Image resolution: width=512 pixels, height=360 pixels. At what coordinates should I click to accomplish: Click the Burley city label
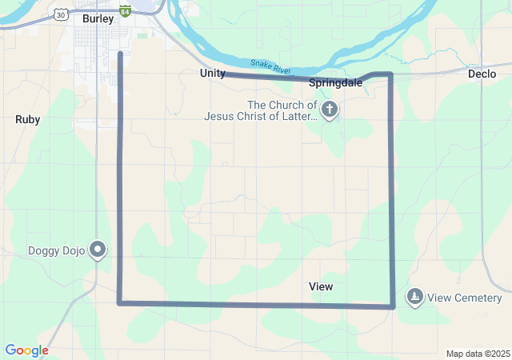pos(98,18)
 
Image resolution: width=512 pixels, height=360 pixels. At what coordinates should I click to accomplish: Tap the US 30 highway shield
pos(62,14)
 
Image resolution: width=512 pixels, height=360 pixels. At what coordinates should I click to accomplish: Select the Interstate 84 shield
pos(125,11)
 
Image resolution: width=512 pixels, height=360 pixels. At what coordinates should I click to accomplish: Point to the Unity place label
pos(212,73)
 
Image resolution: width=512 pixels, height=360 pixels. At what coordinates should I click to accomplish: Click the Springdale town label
pos(335,82)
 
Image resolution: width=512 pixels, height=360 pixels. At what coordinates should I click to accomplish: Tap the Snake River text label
pos(270,67)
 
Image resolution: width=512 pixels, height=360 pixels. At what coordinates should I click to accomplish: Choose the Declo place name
pos(482,73)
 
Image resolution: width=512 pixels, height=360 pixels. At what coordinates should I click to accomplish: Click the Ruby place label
pos(27,119)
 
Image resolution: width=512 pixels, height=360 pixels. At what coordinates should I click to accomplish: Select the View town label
pos(321,286)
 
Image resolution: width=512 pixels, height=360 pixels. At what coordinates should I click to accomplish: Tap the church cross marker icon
pos(330,108)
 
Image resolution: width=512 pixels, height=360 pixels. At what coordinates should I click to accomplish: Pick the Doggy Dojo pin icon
pos(98,250)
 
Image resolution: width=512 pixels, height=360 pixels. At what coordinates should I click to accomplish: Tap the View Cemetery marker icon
pos(414,298)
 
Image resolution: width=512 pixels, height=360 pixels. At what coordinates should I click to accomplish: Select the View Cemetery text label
pos(464,298)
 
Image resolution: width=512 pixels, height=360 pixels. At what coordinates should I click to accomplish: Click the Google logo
pos(26,350)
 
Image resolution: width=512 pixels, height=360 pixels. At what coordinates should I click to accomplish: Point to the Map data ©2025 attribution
pos(478,354)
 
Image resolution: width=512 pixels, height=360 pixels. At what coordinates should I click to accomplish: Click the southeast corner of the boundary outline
pos(392,306)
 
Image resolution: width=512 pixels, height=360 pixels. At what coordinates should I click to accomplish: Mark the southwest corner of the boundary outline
pos(119,302)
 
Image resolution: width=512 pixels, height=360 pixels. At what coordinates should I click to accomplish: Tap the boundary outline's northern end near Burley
pos(120,54)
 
